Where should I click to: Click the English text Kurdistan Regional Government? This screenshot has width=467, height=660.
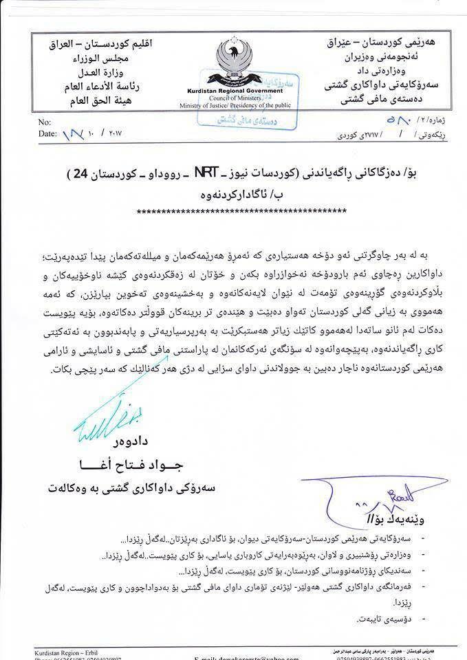pos(229,91)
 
